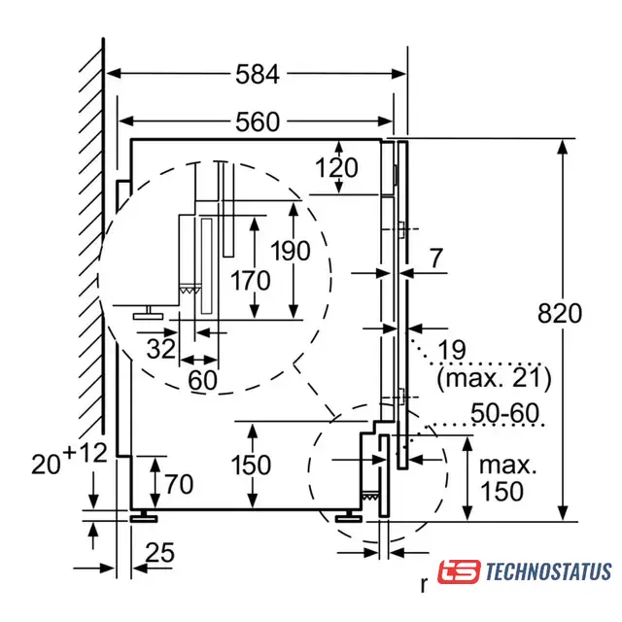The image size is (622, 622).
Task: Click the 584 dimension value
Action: (x=258, y=74)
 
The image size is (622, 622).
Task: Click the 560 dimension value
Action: (x=258, y=121)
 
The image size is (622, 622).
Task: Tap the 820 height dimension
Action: (x=560, y=313)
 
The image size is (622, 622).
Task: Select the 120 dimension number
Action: (x=337, y=168)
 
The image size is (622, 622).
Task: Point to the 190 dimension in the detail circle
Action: (x=291, y=251)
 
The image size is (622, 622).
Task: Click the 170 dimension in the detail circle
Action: (x=251, y=281)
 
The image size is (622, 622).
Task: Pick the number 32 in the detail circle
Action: (x=161, y=349)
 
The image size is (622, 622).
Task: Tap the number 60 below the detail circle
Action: (x=203, y=380)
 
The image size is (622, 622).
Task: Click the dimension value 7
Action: (x=436, y=259)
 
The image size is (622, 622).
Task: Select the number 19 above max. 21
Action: (x=452, y=350)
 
